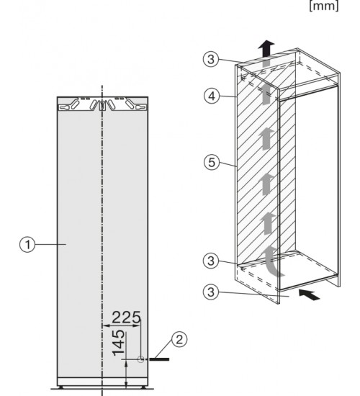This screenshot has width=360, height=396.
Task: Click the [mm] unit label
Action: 323,6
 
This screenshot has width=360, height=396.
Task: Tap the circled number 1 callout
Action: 27,245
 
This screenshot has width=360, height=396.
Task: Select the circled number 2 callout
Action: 179,339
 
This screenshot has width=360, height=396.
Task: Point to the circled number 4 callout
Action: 212,96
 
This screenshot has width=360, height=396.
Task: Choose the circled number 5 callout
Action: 212,162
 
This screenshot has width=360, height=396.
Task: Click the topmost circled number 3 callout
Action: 211,59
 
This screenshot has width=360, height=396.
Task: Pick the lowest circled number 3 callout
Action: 211,292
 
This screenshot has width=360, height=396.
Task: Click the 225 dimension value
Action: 126,318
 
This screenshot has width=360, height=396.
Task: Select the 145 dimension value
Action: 119,343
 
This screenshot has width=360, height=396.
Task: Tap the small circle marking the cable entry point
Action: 141,359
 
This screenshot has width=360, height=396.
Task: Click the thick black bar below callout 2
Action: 159,359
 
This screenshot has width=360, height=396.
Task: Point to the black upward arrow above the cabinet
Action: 266,48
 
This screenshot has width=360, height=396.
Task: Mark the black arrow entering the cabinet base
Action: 309,294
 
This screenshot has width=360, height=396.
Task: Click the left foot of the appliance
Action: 61,387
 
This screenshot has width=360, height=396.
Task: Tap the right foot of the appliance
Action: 143,387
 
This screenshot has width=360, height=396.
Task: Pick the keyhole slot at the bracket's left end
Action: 64,107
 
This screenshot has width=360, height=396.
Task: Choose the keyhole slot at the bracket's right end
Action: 140,107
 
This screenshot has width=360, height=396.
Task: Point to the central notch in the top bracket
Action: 102,106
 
